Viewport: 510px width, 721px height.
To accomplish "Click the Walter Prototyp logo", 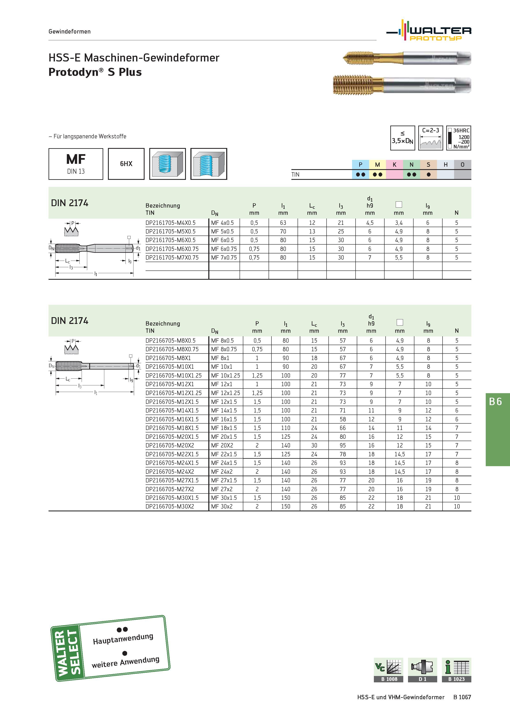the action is tap(429, 30).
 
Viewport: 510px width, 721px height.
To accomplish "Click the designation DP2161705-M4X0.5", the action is tap(170, 223).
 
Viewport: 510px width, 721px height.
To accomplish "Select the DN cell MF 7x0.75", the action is tap(224, 258).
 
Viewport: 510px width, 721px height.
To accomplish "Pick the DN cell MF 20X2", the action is tap(222, 445).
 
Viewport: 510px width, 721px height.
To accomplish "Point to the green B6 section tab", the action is tap(498, 429).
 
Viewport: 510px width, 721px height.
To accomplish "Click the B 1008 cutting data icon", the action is tap(388, 670).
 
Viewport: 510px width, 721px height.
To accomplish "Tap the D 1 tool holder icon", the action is tap(422, 670).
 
